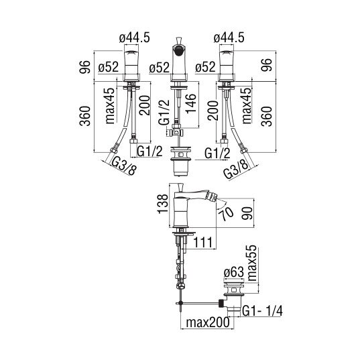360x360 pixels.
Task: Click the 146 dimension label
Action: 191,103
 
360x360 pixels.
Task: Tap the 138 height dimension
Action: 163,204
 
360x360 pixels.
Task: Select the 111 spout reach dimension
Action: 203,243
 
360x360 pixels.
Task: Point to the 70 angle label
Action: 226,214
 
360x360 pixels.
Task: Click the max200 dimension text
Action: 208,322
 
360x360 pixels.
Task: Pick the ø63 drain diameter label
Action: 233,273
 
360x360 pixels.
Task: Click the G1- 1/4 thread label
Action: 262,311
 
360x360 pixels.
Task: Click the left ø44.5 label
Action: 135,38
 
